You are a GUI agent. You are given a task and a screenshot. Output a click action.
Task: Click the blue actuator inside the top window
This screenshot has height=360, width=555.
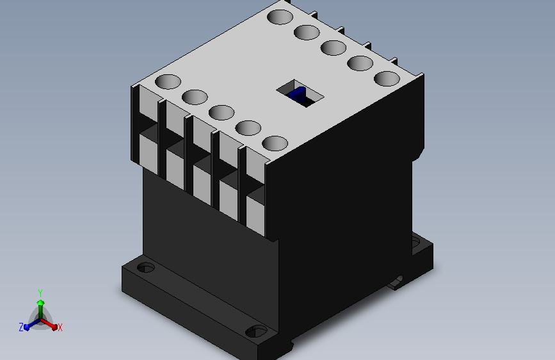point(296,94)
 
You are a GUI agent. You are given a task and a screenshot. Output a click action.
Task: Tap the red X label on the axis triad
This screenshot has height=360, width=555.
point(60,327)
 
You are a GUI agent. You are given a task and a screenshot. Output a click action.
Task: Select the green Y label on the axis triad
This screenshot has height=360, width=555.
point(40,293)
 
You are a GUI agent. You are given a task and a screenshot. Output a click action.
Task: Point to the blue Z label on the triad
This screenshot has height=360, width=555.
point(21,327)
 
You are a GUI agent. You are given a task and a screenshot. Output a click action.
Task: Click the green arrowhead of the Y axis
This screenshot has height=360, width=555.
point(41,302)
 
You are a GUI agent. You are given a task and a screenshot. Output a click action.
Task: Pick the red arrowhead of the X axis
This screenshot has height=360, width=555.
point(54,327)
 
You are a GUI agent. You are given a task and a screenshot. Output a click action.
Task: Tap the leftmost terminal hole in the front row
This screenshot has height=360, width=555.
point(168,81)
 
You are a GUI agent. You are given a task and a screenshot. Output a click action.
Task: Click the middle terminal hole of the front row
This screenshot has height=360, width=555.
point(221,112)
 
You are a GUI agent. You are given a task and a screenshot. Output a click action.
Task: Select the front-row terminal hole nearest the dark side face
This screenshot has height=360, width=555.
point(275,143)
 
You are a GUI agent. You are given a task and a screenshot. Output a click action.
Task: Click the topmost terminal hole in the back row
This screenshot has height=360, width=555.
point(280,17)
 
